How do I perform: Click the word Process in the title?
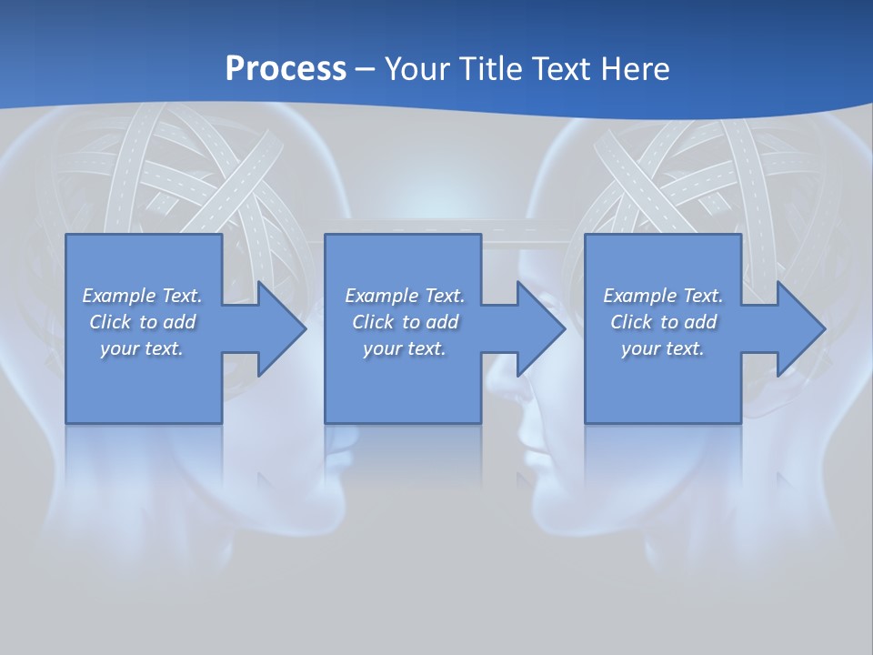coord(286,68)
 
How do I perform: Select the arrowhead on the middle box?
coord(539,328)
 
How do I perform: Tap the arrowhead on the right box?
coord(799,328)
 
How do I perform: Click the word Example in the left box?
coord(118,296)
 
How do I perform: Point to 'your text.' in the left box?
coord(142,348)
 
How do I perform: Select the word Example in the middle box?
coord(381,296)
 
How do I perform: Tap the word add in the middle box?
coord(442,322)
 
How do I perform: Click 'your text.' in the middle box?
coord(404,348)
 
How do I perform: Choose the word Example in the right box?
coord(639,296)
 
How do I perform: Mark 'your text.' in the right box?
coord(663,348)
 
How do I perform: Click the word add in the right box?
coord(700,322)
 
